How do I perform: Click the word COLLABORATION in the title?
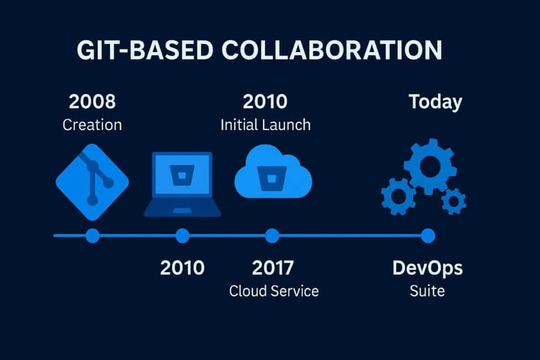[x=331, y=50]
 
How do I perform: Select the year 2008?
[x=92, y=102]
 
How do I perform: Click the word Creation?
[x=92, y=125]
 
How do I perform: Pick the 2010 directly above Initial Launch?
[x=265, y=102]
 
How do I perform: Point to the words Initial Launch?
[x=265, y=125]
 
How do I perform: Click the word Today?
[x=435, y=102]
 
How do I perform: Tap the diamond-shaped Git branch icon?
[x=92, y=183]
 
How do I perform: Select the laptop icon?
[x=182, y=184]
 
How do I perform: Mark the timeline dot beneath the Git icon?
[x=92, y=236]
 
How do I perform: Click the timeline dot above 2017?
[x=272, y=236]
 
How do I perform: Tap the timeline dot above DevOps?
[x=428, y=236]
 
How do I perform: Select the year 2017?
[x=272, y=268]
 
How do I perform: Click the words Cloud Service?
[x=274, y=290]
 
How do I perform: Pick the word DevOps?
[x=427, y=268]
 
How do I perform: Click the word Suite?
[x=427, y=290]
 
